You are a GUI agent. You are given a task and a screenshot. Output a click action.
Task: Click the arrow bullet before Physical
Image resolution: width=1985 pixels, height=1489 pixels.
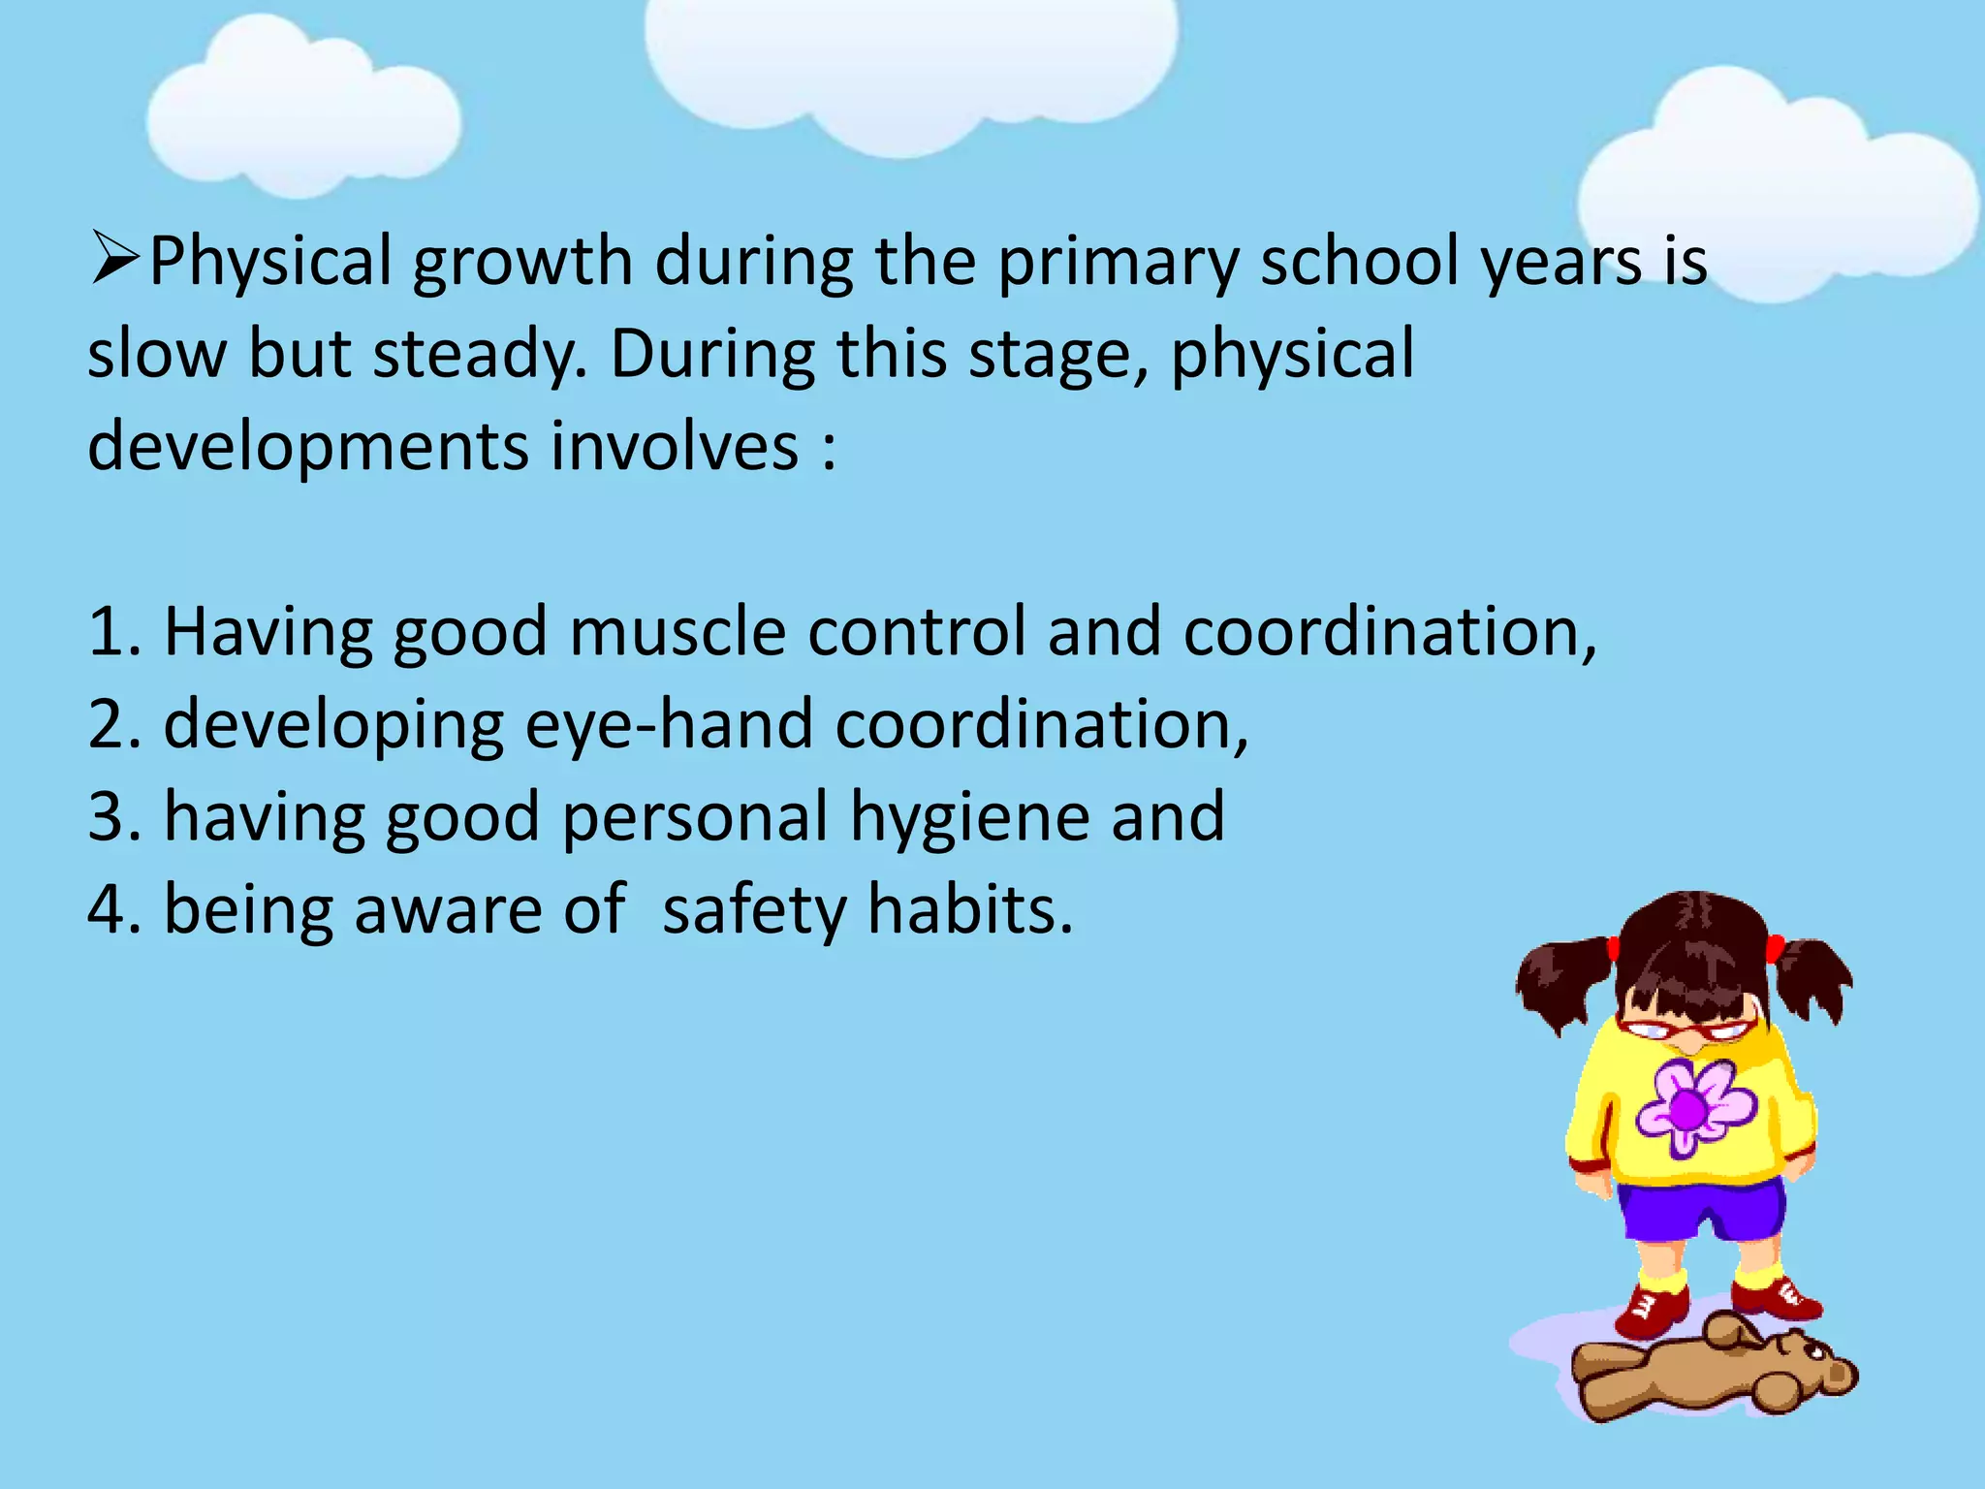point(115,259)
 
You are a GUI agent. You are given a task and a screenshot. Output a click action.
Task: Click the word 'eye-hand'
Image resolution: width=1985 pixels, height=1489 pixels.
point(669,725)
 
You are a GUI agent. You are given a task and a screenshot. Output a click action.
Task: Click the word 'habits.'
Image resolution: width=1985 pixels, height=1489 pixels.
point(970,910)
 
